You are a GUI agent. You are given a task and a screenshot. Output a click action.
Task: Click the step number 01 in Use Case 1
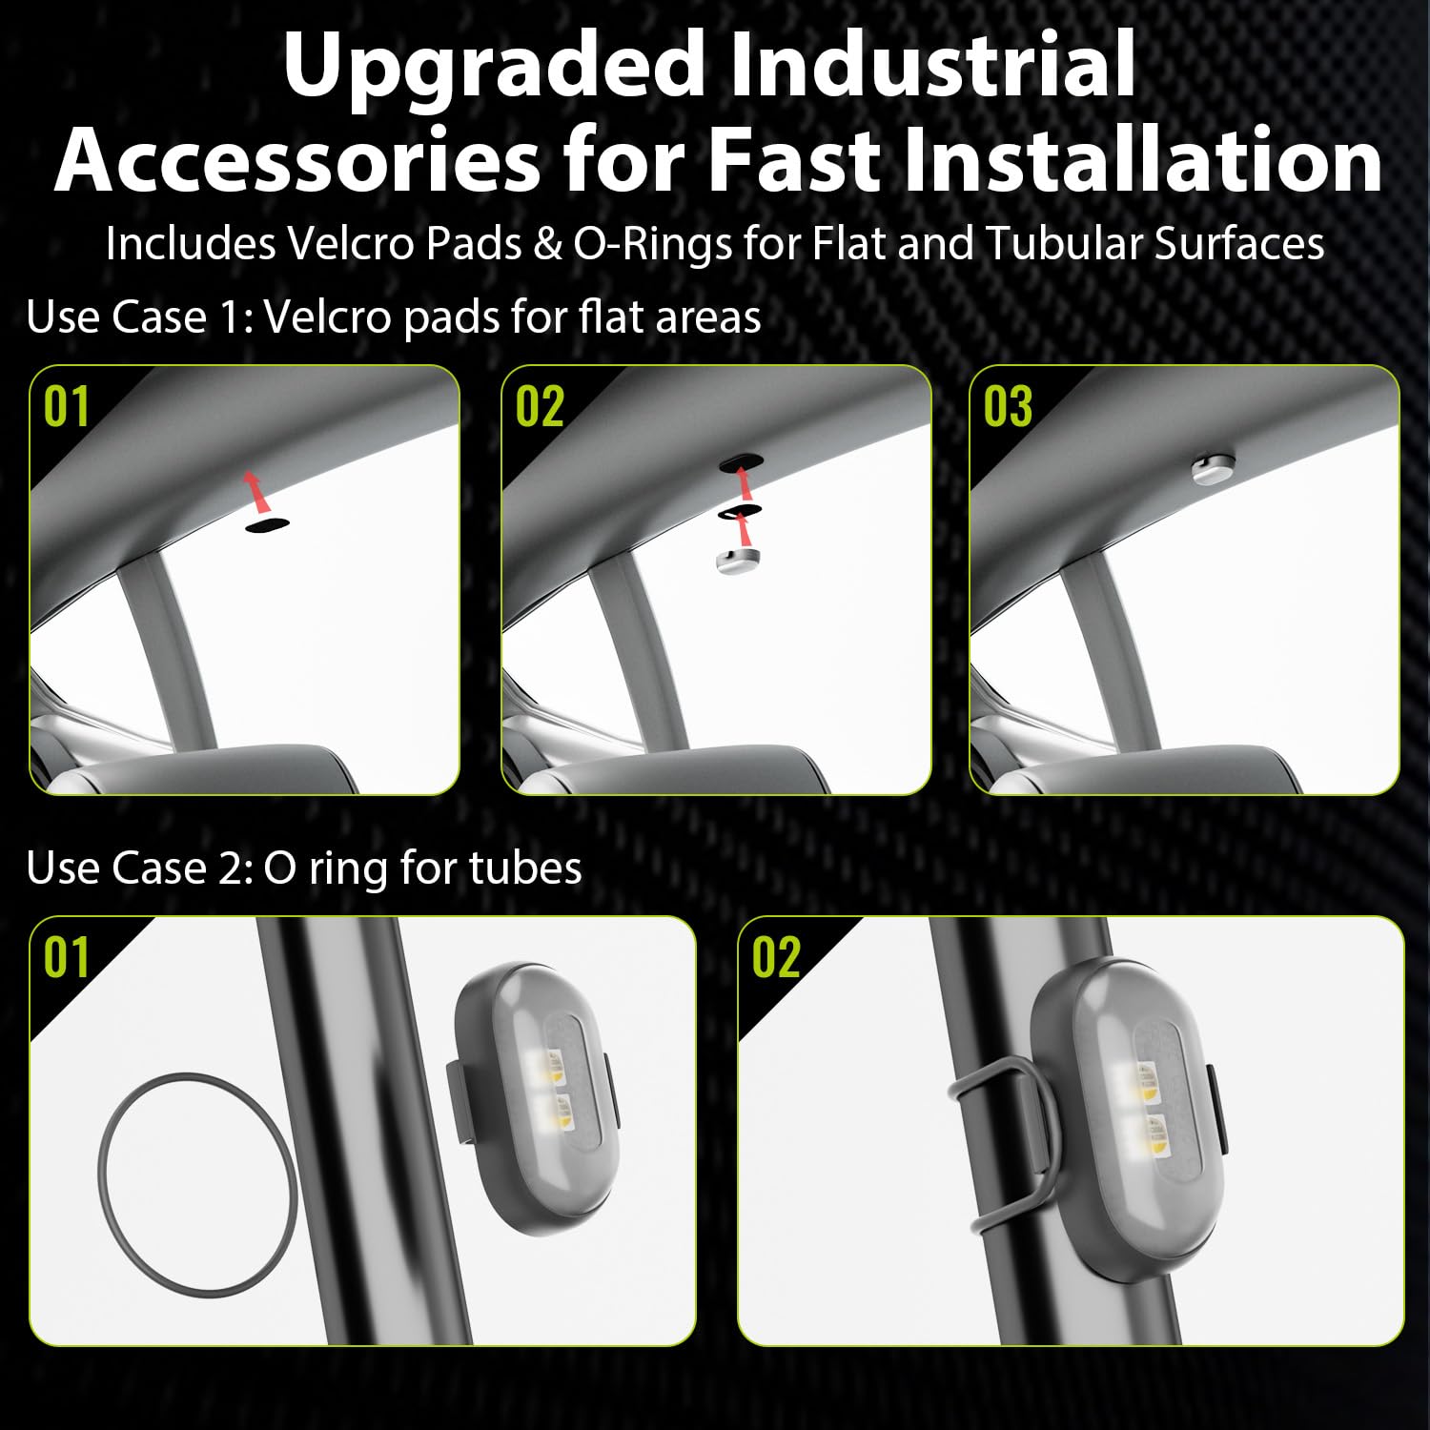67,407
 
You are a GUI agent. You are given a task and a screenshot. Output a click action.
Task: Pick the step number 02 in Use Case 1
540,407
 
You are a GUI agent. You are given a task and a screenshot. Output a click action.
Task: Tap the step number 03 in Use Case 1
1008,407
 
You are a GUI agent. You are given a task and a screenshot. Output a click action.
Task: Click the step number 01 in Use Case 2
67,957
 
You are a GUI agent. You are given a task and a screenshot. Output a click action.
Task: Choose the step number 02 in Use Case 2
775,957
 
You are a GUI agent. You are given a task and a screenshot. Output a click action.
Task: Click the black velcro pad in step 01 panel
266,524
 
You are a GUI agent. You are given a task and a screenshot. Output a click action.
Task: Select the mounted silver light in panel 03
1213,468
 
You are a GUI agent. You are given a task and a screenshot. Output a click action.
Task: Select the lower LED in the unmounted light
556,1112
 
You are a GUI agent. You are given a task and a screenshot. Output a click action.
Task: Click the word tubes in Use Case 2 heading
538,868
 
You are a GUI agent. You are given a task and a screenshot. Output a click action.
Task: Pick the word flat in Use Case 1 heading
604,317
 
